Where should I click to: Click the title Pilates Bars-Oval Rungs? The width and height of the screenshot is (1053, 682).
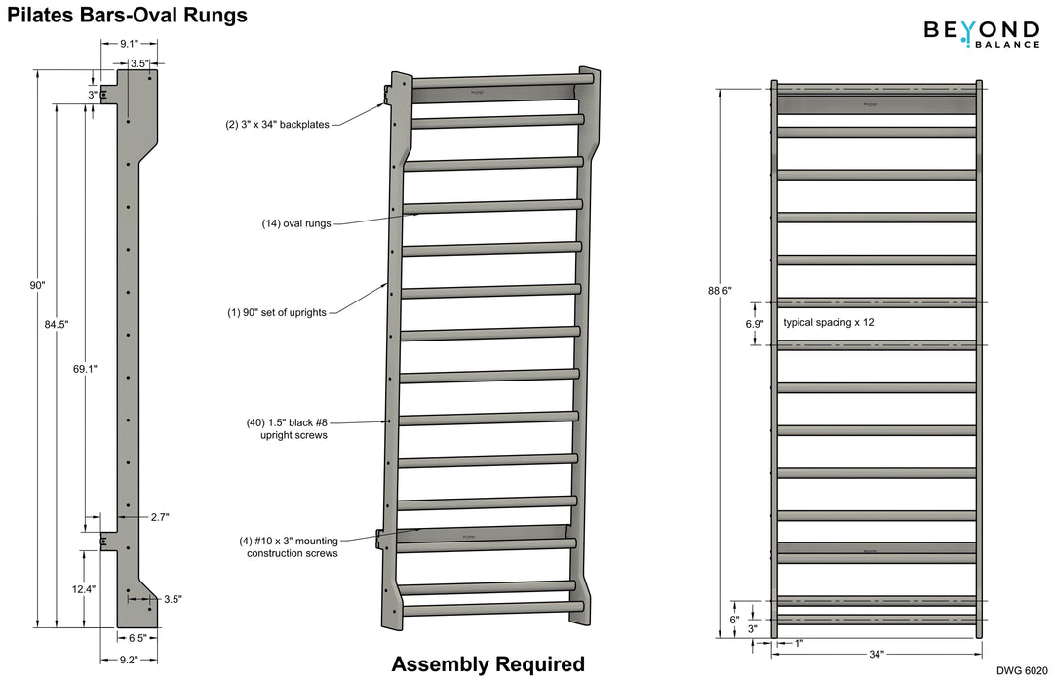coord(127,15)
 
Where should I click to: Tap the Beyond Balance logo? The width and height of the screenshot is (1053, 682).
coord(981,34)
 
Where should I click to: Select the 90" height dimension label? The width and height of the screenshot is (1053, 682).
coord(37,285)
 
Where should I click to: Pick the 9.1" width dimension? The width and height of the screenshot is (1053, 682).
coord(129,44)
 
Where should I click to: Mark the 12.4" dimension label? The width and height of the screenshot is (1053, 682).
coord(83,589)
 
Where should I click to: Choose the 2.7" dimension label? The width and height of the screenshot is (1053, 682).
coord(160,517)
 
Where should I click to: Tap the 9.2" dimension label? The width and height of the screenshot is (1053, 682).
coord(129,659)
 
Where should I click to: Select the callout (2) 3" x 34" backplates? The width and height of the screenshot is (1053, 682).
coord(278,124)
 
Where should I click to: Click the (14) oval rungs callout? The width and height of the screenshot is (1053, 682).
coord(296,223)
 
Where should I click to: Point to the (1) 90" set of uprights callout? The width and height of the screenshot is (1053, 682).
coord(276,312)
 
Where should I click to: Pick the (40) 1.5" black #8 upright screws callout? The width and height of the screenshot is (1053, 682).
coord(287,428)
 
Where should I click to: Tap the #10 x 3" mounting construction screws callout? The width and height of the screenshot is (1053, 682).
coord(289,546)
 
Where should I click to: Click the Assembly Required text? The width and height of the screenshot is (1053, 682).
coord(487,664)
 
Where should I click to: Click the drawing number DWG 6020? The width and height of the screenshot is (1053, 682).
coord(1022,671)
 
